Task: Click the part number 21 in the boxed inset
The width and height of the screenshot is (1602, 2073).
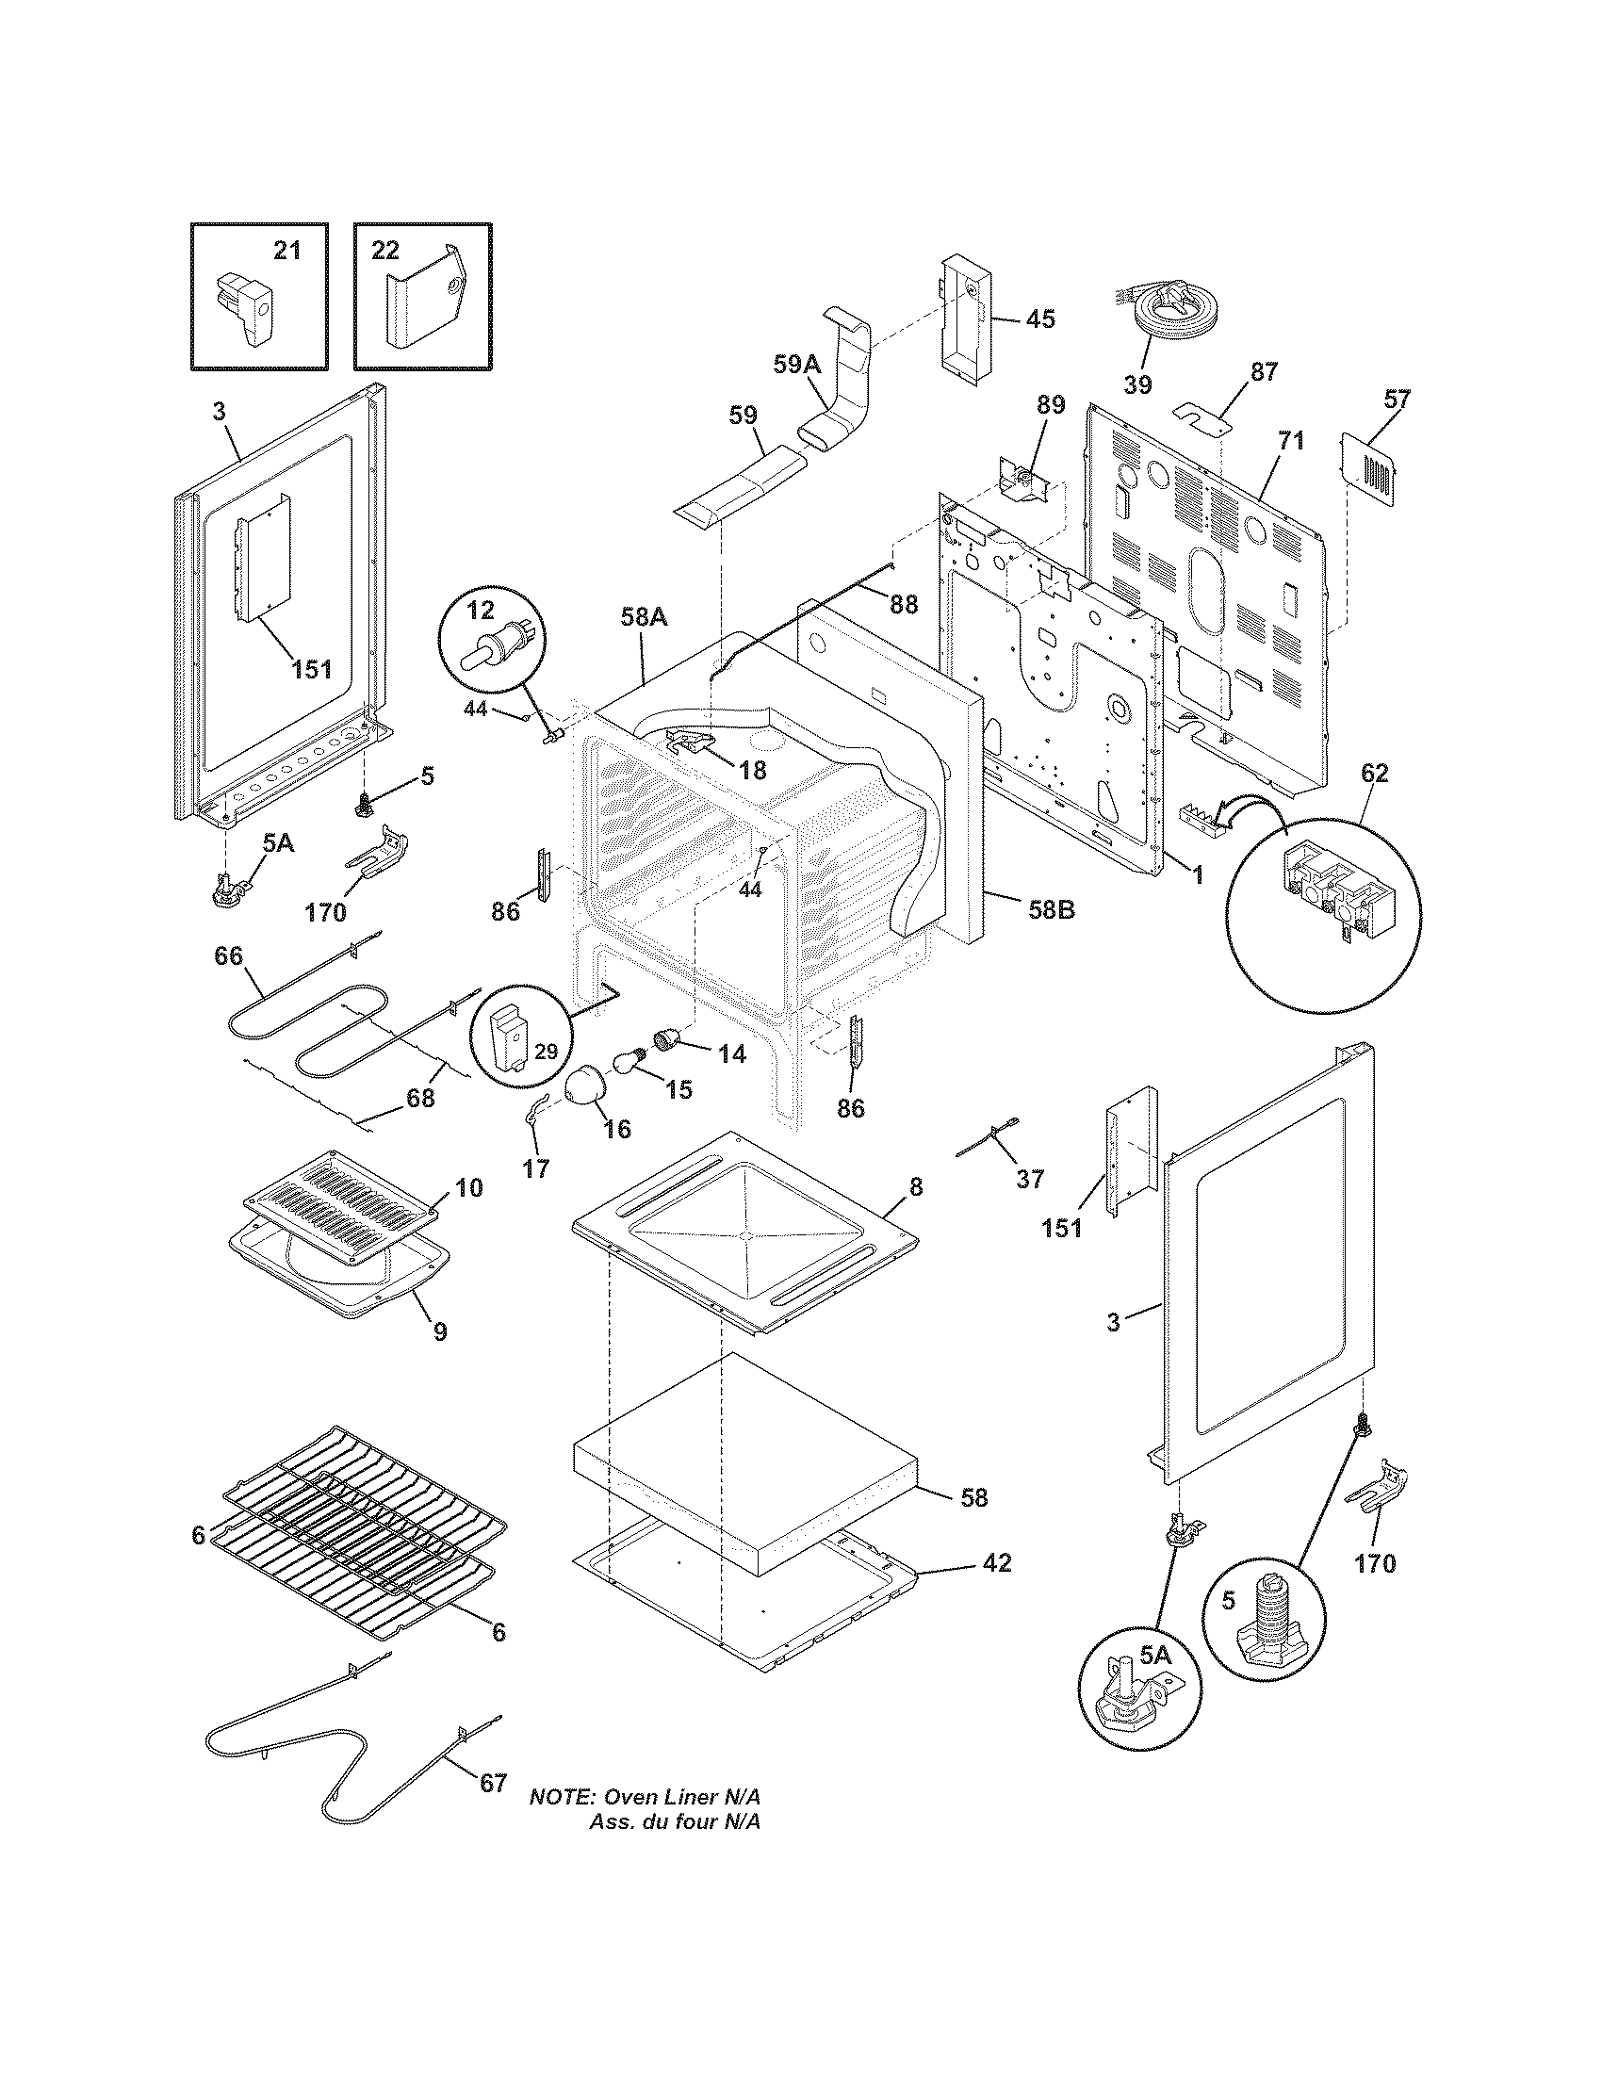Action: click(286, 251)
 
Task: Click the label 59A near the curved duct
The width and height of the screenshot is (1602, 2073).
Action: click(795, 366)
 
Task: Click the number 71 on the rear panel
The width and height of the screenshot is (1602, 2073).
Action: click(1291, 440)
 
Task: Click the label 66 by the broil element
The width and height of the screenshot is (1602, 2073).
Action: click(228, 955)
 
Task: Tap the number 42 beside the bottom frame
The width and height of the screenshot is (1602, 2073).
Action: click(997, 1561)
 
